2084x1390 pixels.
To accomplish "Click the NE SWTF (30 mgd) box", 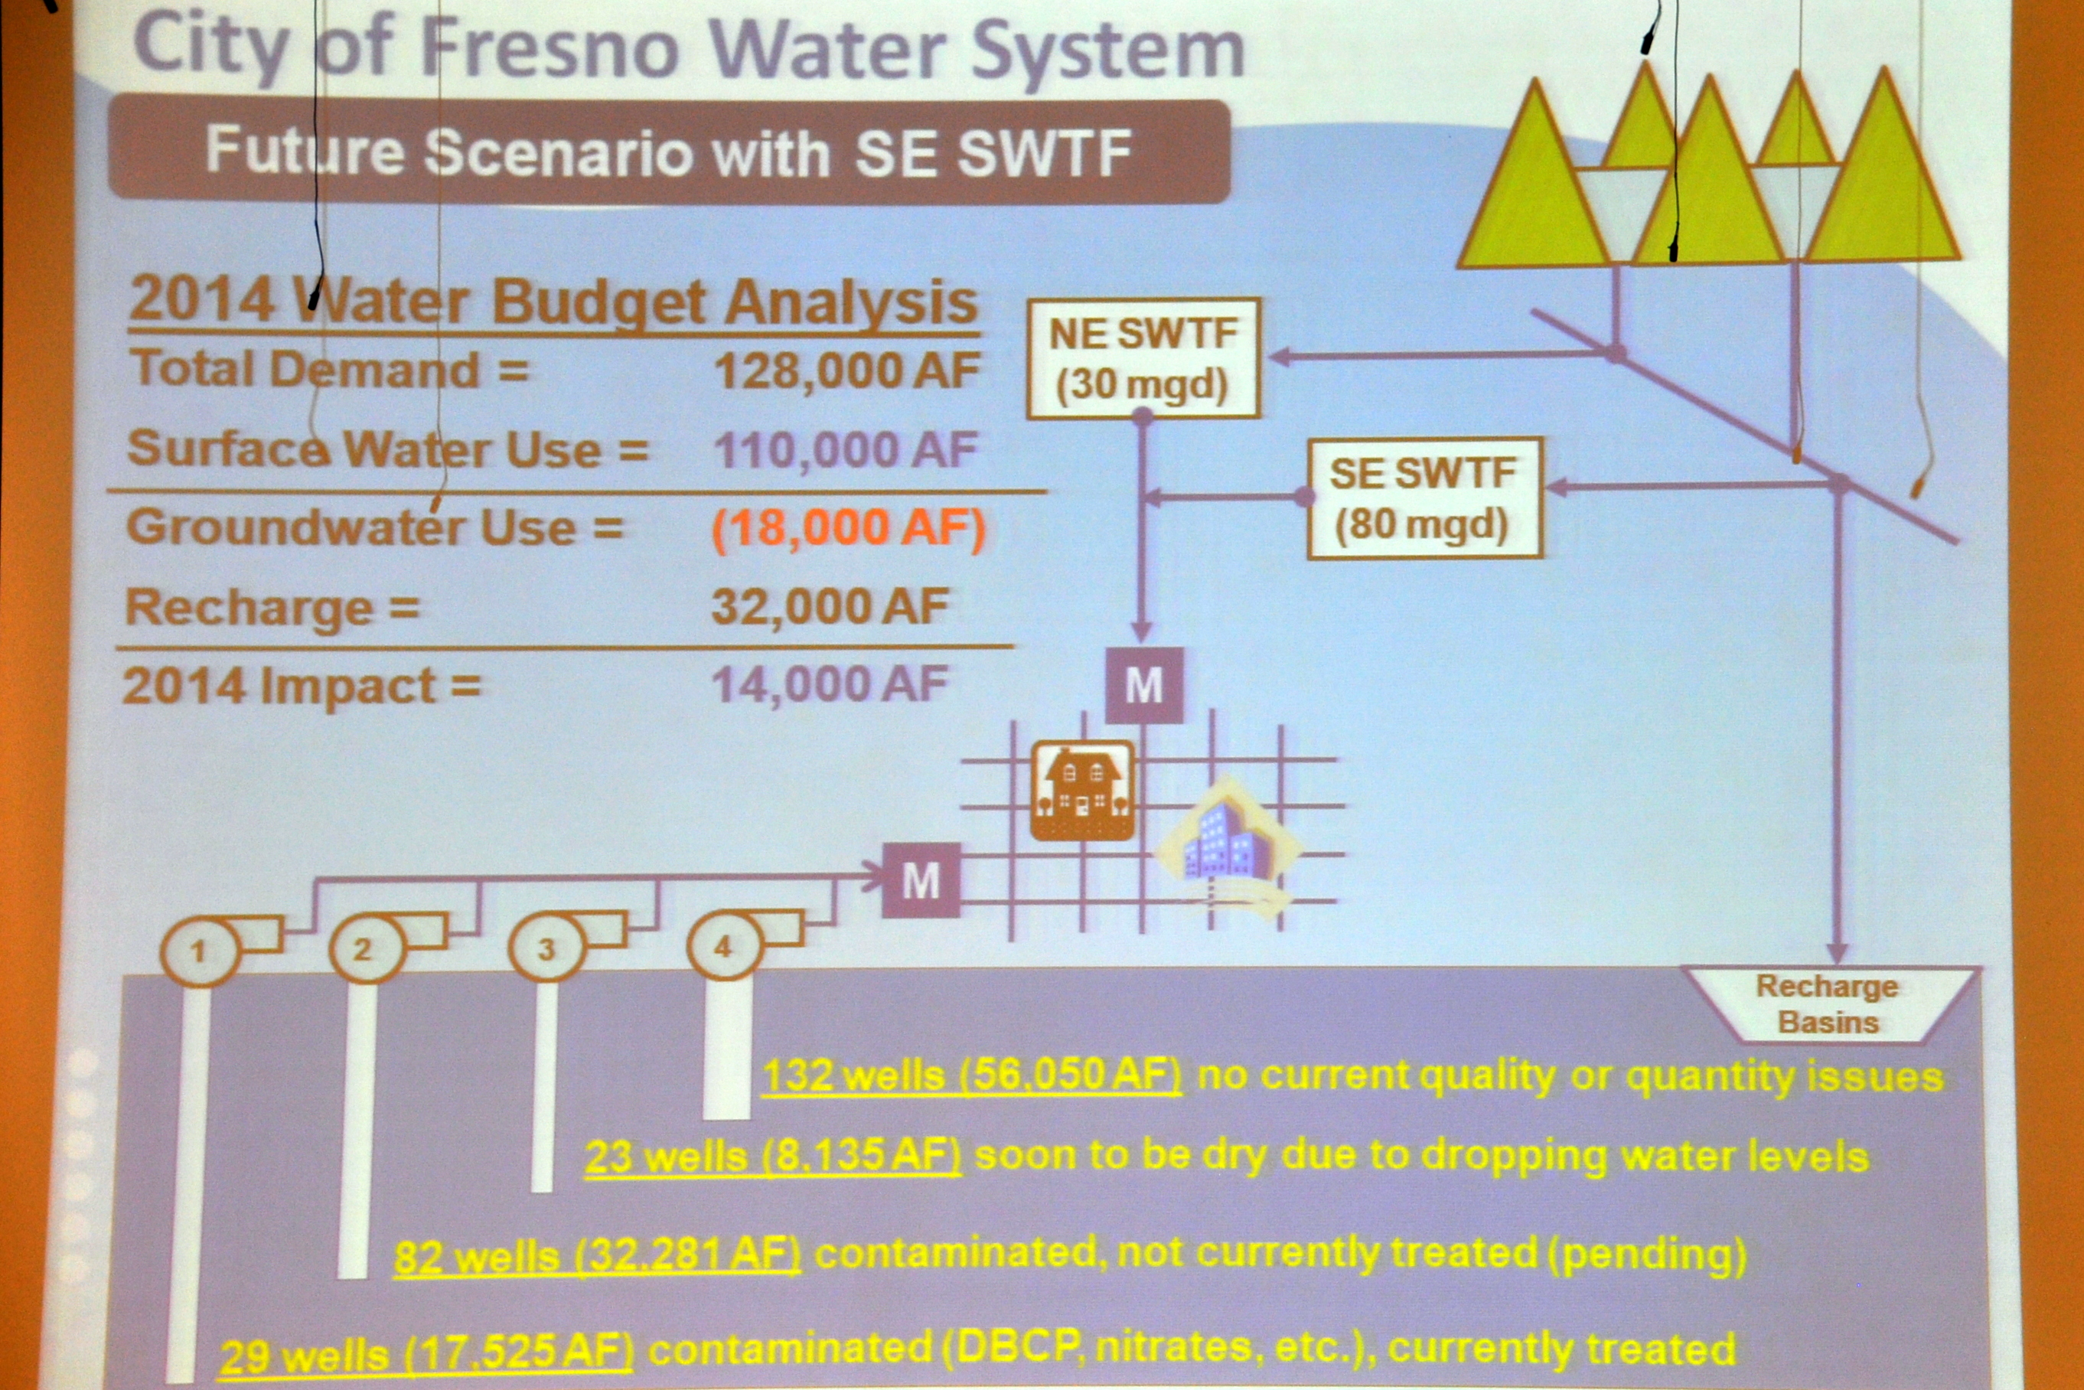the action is [1143, 359].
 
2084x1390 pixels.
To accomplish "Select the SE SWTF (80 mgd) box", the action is [1424, 498].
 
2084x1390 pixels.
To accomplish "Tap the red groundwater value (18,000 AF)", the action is [848, 528].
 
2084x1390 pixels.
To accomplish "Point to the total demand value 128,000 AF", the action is [846, 370].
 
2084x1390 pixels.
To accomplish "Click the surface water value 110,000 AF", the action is [846, 450].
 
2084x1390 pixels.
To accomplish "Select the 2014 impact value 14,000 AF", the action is [830, 684].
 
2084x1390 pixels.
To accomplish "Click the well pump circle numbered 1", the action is [200, 951].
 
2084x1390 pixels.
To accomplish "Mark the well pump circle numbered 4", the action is [724, 946].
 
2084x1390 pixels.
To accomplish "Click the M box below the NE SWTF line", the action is [1144, 685].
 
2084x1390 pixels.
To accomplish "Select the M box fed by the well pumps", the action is [921, 880].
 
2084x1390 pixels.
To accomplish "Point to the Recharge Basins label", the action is [1828, 1003].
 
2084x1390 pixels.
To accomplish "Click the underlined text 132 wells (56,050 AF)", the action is [971, 1075].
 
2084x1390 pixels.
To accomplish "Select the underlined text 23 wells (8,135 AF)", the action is [773, 1157].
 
